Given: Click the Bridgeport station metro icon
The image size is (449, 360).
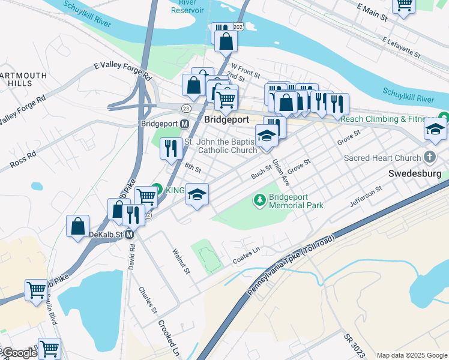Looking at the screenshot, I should [184, 124].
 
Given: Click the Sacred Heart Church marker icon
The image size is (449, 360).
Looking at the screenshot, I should [429, 158].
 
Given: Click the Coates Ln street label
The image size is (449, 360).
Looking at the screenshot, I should [246, 259].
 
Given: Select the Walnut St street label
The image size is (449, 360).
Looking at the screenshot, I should [181, 262].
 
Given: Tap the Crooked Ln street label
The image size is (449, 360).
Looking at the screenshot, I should [169, 337].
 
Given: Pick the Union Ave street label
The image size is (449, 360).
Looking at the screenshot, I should [281, 172].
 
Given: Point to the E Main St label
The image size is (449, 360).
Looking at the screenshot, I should [372, 12].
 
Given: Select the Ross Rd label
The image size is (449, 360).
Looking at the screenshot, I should [23, 158].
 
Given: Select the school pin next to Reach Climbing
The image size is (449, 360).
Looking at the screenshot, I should [435, 129].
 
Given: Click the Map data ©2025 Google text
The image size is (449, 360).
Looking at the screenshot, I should [412, 355].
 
